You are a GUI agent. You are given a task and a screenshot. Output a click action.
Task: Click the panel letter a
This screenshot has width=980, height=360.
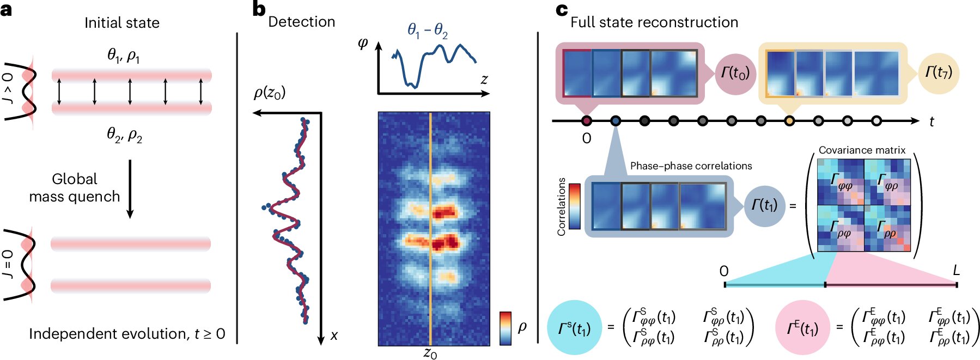(6, 10)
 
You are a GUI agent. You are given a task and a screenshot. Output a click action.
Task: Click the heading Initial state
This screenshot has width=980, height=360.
(122, 23)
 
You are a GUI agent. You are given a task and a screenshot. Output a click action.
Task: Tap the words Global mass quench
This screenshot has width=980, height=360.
(75, 188)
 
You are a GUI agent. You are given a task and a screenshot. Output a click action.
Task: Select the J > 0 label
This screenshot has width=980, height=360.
(8, 87)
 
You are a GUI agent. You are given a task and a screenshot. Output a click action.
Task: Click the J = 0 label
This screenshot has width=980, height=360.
(8, 264)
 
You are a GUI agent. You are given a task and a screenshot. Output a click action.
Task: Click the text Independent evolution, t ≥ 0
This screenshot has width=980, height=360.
(127, 334)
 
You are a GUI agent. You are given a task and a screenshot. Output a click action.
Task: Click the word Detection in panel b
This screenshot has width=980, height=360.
(302, 22)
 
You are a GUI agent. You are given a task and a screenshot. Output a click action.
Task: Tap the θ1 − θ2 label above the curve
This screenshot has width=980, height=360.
(428, 30)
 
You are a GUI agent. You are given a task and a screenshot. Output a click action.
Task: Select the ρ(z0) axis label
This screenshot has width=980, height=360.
(270, 93)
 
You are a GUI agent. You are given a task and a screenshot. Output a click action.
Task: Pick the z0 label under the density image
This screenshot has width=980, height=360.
(430, 353)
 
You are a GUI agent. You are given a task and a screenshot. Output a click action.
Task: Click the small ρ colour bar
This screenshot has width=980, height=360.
(506, 328)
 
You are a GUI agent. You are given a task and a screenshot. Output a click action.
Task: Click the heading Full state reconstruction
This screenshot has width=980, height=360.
(654, 22)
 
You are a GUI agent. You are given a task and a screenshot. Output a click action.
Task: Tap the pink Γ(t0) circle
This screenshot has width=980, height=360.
(735, 74)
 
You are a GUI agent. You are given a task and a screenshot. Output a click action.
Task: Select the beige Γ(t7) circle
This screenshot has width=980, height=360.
(939, 72)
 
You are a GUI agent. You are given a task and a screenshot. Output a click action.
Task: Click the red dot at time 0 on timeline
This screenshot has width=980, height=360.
(587, 121)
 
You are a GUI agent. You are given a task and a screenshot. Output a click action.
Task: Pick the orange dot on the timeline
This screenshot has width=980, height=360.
(789, 121)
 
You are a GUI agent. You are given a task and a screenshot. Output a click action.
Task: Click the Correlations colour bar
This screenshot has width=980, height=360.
(575, 206)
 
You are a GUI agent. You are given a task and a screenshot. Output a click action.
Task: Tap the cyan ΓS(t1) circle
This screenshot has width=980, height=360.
(574, 328)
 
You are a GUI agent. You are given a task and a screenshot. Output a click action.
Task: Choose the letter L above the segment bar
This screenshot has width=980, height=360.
(956, 270)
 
